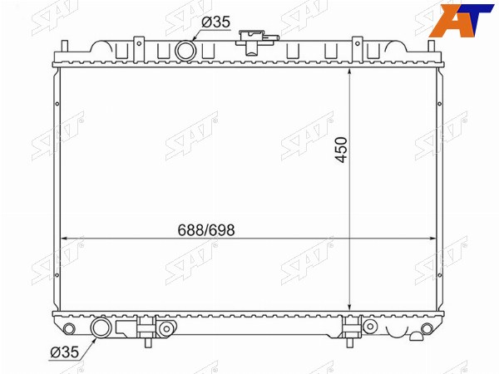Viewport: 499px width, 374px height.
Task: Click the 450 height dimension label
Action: [x=342, y=150]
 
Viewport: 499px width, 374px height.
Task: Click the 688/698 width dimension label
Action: [x=206, y=230]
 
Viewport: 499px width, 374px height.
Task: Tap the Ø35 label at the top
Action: [x=215, y=22]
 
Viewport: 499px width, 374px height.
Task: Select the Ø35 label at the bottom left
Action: [x=65, y=352]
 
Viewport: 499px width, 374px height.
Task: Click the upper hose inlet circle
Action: [x=185, y=51]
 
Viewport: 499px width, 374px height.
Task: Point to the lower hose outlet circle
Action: [x=101, y=328]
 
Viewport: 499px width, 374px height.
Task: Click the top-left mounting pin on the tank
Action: [x=65, y=46]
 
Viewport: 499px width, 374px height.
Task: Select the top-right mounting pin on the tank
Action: [x=431, y=46]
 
